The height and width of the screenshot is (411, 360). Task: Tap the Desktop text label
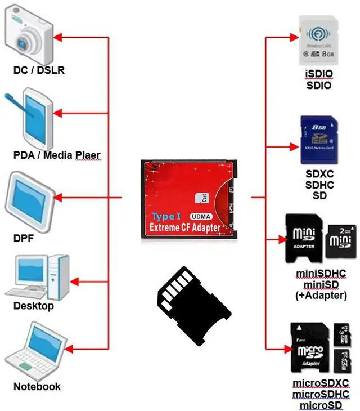(x=34, y=306)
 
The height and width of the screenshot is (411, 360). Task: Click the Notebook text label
(x=37, y=387)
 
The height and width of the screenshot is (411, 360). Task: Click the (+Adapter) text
(x=321, y=294)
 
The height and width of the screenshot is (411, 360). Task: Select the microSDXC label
(x=321, y=383)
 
